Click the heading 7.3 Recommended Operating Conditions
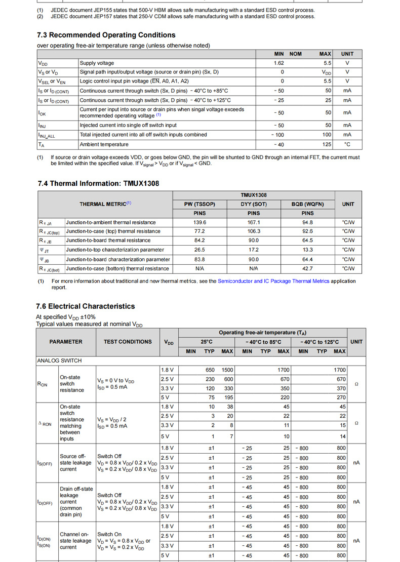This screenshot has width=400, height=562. click(x=106, y=35)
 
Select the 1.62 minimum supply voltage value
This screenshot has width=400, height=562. click(x=278, y=63)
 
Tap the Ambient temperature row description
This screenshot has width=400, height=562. click(x=104, y=144)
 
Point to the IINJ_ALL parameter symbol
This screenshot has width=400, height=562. click(x=47, y=135)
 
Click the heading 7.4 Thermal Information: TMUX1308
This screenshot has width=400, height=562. click(x=98, y=183)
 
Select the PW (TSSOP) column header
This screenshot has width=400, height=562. click(x=199, y=204)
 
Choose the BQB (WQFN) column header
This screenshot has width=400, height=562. click(x=307, y=204)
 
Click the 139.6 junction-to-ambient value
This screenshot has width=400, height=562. click(x=199, y=222)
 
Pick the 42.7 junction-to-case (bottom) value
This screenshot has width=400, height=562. click(x=307, y=268)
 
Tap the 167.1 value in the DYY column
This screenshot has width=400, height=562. click(x=253, y=222)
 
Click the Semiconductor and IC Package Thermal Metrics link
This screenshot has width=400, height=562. click(x=273, y=281)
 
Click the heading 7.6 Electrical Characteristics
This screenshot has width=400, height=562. click(x=86, y=306)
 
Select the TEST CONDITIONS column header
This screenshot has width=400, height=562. click(x=128, y=342)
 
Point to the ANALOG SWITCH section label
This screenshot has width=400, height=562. click(x=60, y=360)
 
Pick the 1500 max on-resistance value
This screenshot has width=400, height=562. click(x=227, y=370)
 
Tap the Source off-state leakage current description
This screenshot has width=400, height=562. click(x=75, y=463)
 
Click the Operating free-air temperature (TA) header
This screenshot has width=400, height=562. click(x=262, y=333)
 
